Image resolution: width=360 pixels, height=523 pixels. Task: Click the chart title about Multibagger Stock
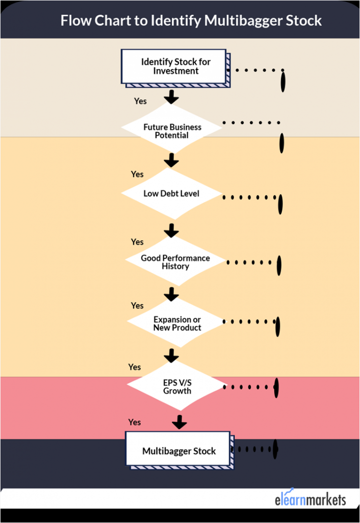(x=191, y=21)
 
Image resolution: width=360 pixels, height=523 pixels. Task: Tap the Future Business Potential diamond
(x=172, y=131)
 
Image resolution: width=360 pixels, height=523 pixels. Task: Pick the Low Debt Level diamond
(x=171, y=193)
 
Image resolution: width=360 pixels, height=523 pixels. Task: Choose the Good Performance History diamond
(x=175, y=261)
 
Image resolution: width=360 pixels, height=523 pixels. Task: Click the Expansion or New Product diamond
(x=177, y=323)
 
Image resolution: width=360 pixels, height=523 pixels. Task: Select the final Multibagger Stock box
(x=179, y=450)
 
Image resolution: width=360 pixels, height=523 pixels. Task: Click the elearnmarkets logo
(x=310, y=499)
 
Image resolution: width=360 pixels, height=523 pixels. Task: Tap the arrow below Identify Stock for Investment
(x=171, y=96)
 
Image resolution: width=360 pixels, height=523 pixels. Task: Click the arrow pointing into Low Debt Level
(x=171, y=160)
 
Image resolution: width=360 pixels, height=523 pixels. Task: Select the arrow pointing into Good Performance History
(x=171, y=230)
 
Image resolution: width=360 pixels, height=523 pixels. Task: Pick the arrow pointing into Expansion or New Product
(x=171, y=294)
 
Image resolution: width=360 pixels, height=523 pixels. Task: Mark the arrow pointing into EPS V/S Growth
(x=172, y=355)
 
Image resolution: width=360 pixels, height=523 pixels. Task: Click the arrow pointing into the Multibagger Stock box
(x=179, y=422)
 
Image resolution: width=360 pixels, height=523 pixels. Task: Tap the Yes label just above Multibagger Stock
(x=135, y=422)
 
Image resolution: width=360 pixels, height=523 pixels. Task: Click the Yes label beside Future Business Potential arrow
(x=140, y=101)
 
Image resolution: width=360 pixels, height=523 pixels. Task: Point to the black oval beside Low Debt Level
(x=281, y=204)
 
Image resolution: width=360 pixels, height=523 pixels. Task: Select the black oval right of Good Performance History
(x=279, y=265)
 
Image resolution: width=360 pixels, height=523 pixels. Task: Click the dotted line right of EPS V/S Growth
(x=247, y=387)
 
